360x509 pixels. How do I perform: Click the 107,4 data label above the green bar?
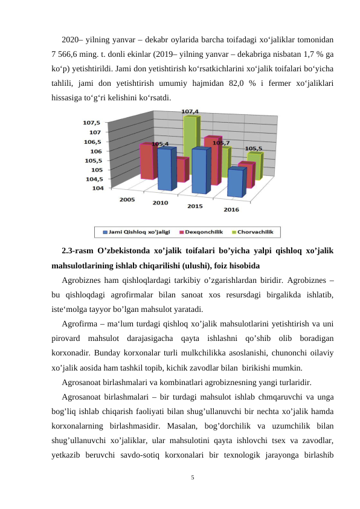tap(190, 112)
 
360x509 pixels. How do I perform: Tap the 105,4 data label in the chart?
tap(159, 144)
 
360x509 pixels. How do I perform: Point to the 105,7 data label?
tap(221, 143)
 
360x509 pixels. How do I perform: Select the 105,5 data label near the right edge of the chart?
tap(253, 148)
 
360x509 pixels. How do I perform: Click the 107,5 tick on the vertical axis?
tap(92, 122)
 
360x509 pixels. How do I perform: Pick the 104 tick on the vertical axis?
tap(97, 188)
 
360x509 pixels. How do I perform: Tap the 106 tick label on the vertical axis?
tap(95, 151)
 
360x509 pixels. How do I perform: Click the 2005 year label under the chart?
tap(127, 199)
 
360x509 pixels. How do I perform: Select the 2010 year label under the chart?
tap(160, 203)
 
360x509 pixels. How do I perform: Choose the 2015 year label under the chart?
tap(194, 207)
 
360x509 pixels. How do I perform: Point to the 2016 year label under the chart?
tap(231, 210)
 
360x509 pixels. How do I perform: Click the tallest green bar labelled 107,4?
tap(189, 139)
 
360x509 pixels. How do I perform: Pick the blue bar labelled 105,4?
tap(164, 169)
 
